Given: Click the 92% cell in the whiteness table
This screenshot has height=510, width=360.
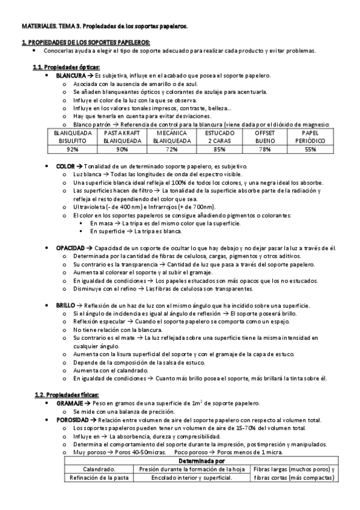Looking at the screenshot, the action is point(73,149).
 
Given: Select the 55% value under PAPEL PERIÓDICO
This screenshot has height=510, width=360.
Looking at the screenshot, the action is point(310,149).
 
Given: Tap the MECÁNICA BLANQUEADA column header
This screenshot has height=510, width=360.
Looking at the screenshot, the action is point(172,136).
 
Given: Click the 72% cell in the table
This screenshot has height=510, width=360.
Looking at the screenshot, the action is point(172,149).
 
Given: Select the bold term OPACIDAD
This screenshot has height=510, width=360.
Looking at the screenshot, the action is point(70,248).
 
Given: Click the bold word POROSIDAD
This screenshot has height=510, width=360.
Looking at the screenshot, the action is point(73,419).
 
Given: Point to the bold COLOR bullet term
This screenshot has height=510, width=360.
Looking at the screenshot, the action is point(65,166).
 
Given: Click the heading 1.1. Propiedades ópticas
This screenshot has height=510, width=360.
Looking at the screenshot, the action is point(66,67).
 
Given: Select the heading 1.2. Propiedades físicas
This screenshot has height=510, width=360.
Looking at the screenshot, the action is point(66,394).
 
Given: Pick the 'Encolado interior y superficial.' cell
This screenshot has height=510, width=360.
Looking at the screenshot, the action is point(191,478).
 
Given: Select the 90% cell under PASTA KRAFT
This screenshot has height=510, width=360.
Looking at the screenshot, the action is point(122,149).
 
